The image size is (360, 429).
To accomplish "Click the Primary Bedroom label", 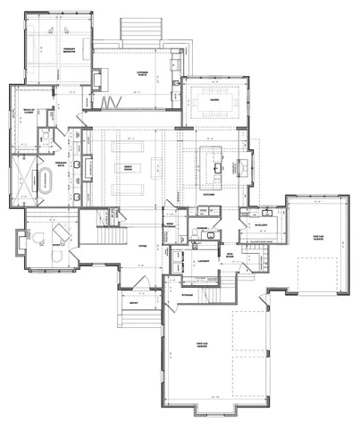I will click(x=68, y=53).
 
